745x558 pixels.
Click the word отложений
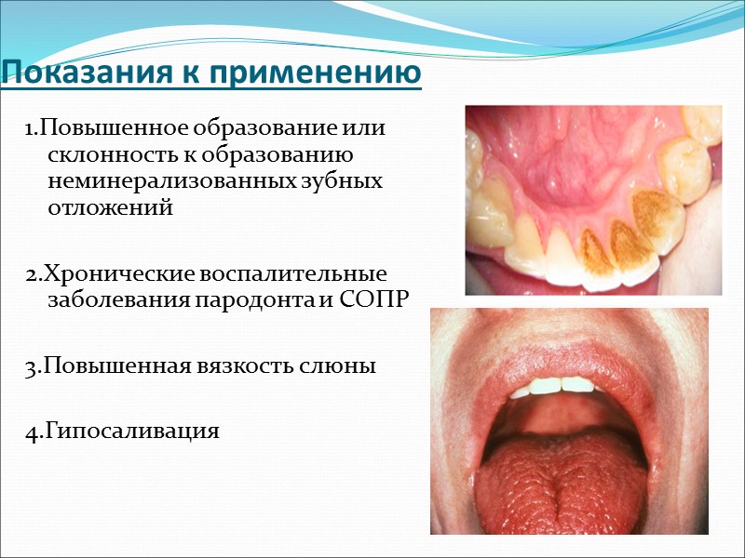110,207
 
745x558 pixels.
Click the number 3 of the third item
30,366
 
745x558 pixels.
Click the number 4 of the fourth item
31,432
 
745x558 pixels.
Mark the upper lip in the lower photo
559,349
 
